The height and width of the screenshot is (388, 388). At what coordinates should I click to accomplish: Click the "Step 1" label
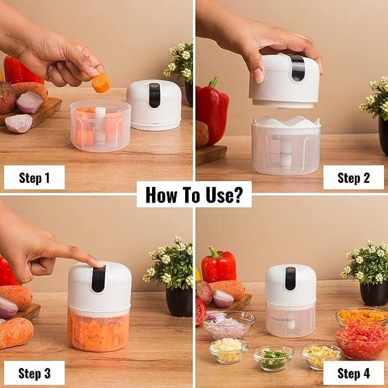click(x=34, y=178)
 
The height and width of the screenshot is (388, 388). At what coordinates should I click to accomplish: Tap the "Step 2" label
click(x=353, y=178)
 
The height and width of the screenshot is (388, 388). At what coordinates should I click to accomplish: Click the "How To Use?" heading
click(x=194, y=194)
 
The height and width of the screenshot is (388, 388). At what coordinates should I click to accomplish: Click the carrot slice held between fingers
click(x=101, y=83)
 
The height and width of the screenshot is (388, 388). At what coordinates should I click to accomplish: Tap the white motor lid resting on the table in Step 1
click(x=153, y=104)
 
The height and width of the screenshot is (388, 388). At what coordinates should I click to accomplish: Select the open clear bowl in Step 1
click(x=99, y=126)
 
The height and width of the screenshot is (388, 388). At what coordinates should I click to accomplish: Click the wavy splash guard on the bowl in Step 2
click(x=286, y=121)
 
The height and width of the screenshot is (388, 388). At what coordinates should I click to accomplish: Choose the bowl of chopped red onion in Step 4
click(x=229, y=325)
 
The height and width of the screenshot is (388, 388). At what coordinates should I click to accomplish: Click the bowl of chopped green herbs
click(x=273, y=358)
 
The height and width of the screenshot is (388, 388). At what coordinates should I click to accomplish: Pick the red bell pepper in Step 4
click(x=218, y=266)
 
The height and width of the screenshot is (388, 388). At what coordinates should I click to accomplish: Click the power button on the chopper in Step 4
click(x=290, y=270)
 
